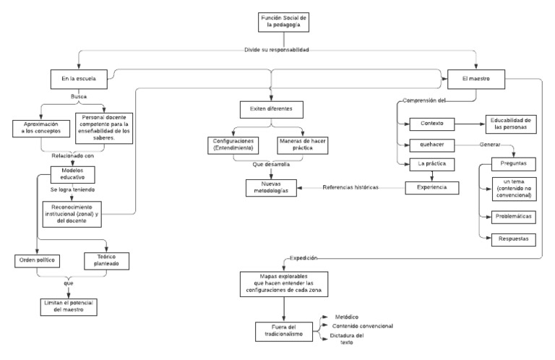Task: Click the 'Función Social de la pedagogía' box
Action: (x=285, y=22)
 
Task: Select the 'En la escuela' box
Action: (x=79, y=78)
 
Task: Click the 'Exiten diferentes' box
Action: (x=271, y=109)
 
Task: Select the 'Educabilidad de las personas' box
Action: (x=510, y=124)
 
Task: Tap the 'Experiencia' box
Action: (x=432, y=188)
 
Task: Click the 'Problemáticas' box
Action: (x=513, y=216)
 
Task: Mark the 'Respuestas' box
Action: (x=513, y=238)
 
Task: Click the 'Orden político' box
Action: (x=36, y=260)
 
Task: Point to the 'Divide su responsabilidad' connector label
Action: (x=277, y=50)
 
